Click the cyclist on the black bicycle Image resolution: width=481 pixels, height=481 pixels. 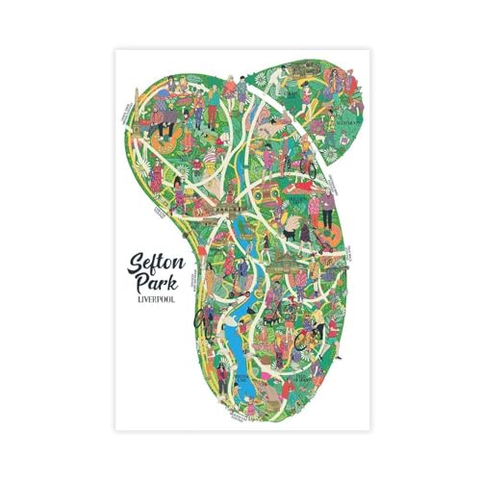(205, 317)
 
